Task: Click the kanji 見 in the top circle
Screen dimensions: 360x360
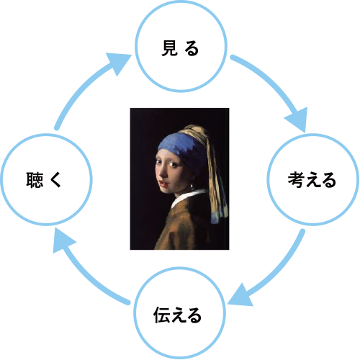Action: pyautogui.click(x=170, y=48)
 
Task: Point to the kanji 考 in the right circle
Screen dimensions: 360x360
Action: pyautogui.click(x=297, y=179)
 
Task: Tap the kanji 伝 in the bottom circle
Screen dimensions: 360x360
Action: pyautogui.click(x=162, y=315)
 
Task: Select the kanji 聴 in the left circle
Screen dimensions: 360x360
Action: pyautogui.click(x=35, y=179)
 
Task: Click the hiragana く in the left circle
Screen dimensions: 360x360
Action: pyautogui.click(x=55, y=179)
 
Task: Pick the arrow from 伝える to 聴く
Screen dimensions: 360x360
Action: pyautogui.click(x=83, y=276)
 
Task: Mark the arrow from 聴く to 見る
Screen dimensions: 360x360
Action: pyautogui.click(x=81, y=84)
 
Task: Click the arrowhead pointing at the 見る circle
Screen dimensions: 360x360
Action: pyautogui.click(x=120, y=62)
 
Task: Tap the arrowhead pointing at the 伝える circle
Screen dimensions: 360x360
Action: pyautogui.click(x=240, y=296)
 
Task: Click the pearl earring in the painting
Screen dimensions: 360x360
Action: pyautogui.click(x=192, y=186)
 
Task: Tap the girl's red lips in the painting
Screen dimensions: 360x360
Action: pyautogui.click(x=164, y=184)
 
